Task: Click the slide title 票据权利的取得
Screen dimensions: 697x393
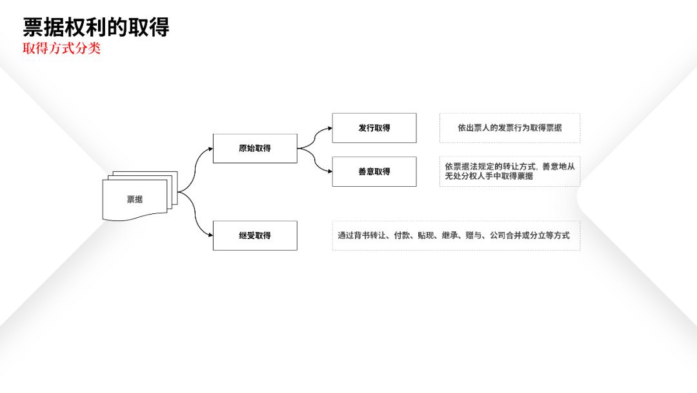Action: click(96, 27)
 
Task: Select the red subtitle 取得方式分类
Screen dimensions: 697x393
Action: click(62, 48)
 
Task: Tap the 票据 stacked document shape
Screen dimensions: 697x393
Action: click(139, 196)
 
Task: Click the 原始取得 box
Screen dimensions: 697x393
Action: click(255, 148)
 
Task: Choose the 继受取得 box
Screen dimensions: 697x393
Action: click(255, 235)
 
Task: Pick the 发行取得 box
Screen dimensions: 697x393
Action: click(374, 128)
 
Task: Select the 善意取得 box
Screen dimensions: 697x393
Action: click(374, 171)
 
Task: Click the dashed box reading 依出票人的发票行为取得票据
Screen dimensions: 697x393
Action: click(510, 128)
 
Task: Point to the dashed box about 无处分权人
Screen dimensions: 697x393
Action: click(510, 171)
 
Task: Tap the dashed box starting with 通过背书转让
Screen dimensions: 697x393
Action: click(456, 235)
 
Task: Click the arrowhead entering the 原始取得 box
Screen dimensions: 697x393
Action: click(210, 149)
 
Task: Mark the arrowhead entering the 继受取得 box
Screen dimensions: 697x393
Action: click(210, 235)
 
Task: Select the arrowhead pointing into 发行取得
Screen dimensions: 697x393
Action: click(330, 128)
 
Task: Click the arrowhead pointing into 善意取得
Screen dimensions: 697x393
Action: click(330, 171)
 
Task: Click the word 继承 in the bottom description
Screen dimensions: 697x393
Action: click(450, 235)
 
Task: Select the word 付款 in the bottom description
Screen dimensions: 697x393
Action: click(402, 235)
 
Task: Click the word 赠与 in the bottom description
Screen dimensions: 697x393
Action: click(474, 235)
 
